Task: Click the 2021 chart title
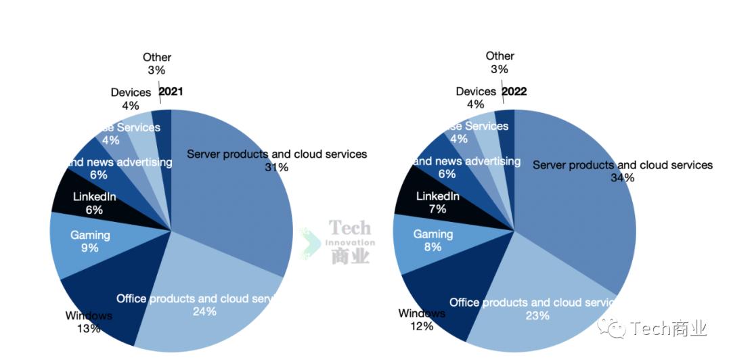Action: (171, 92)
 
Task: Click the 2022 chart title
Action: (514, 91)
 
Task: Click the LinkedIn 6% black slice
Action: (94, 203)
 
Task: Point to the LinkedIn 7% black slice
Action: (437, 202)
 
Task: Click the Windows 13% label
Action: (89, 322)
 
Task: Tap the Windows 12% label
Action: (421, 320)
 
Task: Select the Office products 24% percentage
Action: (204, 311)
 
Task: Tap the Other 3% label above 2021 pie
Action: (156, 64)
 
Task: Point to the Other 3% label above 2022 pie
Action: (500, 62)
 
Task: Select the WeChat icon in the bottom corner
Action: (616, 329)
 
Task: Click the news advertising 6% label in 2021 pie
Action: (99, 168)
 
